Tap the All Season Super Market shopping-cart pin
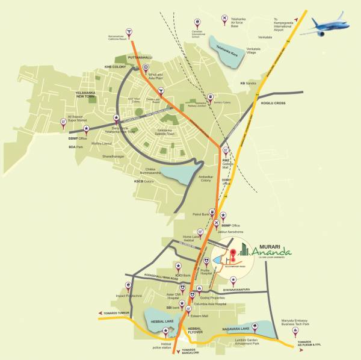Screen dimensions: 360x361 (x=64, y=124)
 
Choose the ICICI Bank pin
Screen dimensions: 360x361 (x=177, y=266)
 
